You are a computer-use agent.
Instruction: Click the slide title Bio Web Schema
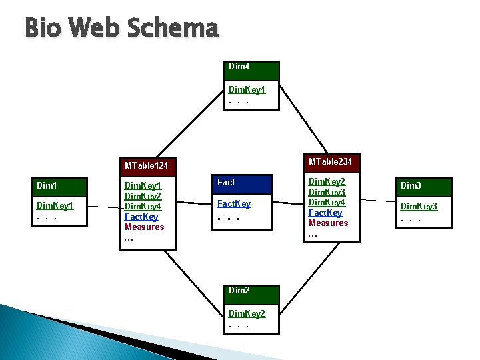(121, 28)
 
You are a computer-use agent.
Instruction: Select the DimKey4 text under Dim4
(247, 89)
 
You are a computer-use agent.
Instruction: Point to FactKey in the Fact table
(234, 203)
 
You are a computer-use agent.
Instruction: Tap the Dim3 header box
(424, 186)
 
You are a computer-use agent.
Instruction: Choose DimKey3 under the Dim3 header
(419, 207)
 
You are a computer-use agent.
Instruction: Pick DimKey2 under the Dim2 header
(247, 313)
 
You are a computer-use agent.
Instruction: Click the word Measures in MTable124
(144, 227)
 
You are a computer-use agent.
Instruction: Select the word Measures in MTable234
(328, 223)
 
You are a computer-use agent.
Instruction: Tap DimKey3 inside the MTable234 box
(327, 192)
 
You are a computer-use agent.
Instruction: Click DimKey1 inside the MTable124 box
(143, 186)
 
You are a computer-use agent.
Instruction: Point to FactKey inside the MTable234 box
(325, 213)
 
